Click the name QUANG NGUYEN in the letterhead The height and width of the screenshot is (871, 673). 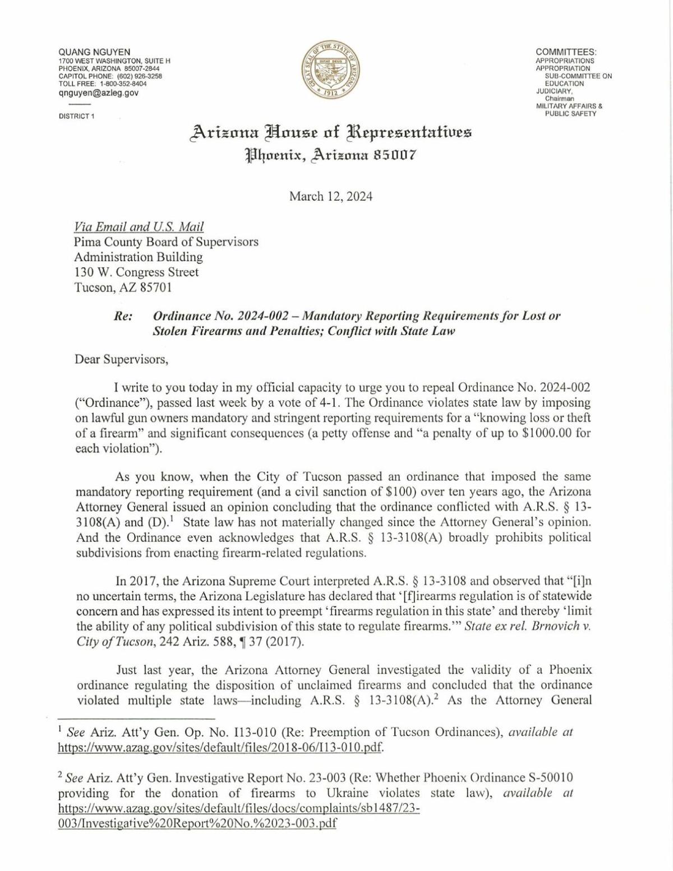pyautogui.click(x=94, y=52)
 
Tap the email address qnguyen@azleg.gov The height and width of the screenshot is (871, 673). pyautogui.click(x=98, y=92)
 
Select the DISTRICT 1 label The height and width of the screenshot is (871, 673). pyautogui.click(x=77, y=116)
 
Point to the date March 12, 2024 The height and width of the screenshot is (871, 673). pyautogui.click(x=330, y=196)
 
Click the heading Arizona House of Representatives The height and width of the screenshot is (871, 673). pyautogui.click(x=331, y=132)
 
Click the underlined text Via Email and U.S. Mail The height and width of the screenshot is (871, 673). pyautogui.click(x=139, y=227)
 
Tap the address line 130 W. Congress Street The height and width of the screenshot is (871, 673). pyautogui.click(x=137, y=272)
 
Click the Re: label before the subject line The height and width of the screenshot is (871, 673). pyautogui.click(x=123, y=316)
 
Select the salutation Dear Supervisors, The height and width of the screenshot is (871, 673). pyautogui.click(x=121, y=359)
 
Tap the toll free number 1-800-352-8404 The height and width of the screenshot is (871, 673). pyautogui.click(x=123, y=84)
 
